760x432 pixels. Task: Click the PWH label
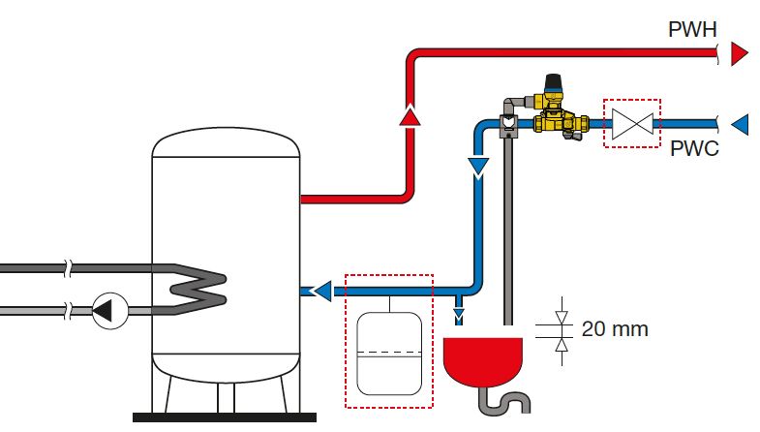pos(692,28)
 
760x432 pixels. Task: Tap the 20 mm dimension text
pos(615,329)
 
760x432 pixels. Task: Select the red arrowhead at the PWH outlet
pos(740,53)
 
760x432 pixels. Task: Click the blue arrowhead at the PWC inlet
pos(740,124)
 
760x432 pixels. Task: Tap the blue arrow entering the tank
pos(319,289)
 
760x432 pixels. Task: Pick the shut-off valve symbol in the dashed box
pos(631,124)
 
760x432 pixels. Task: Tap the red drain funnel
pos(483,358)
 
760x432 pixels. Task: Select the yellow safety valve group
pos(555,114)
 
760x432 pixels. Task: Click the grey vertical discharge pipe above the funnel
pos(507,232)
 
